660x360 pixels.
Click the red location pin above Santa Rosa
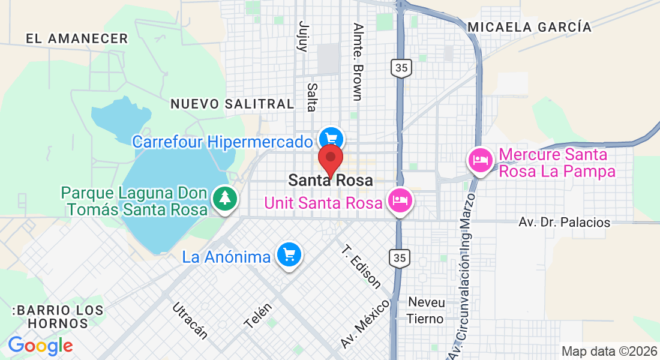[330, 160]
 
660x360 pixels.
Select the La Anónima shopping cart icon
[290, 256]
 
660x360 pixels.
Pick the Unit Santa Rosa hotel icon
[399, 200]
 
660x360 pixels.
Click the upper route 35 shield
[401, 68]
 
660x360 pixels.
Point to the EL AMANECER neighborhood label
[77, 38]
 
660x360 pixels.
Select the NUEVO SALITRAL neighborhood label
[232, 104]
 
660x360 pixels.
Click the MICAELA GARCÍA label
[529, 27]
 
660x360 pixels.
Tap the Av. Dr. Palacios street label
[564, 222]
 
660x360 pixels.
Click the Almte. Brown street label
[358, 62]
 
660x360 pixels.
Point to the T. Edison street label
[361, 266]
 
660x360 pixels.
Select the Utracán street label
[190, 321]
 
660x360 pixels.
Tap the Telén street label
[258, 315]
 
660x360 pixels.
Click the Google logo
[40, 346]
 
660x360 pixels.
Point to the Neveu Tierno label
[426, 310]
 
